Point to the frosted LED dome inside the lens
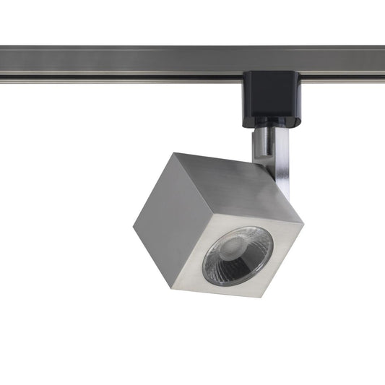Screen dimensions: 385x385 pos(230,248)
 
